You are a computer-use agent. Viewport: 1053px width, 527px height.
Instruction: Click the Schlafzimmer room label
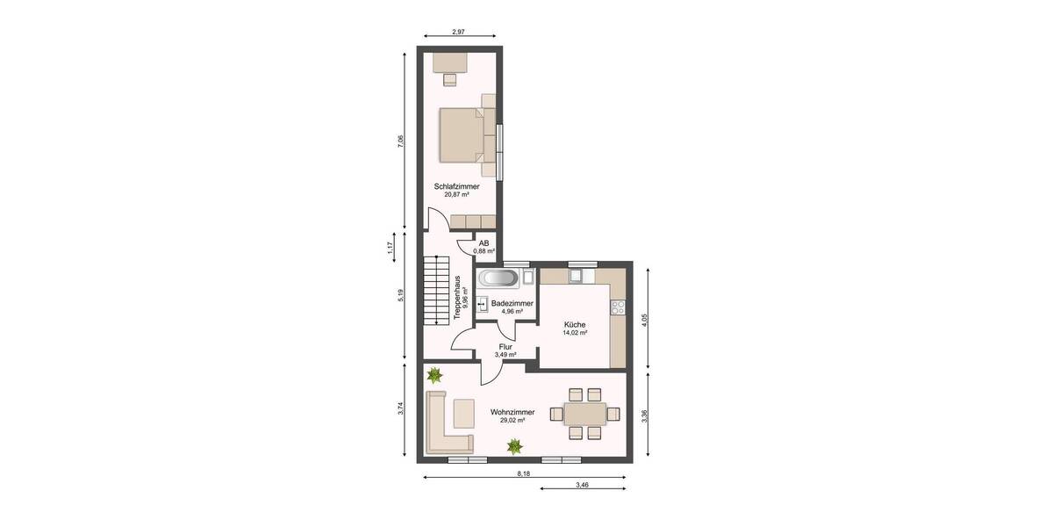(456, 186)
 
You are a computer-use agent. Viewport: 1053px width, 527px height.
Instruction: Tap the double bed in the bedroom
(462, 134)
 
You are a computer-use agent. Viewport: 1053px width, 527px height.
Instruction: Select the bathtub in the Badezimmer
(498, 279)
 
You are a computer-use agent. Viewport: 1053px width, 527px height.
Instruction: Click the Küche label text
(575, 324)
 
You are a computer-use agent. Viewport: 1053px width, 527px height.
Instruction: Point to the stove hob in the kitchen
(617, 307)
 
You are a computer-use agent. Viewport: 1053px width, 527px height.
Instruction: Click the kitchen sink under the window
(577, 277)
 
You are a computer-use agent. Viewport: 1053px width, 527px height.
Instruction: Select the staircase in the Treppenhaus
(435, 289)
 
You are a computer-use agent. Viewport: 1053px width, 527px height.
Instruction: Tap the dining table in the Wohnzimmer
(584, 413)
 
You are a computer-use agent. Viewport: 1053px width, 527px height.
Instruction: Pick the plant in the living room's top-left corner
(433, 376)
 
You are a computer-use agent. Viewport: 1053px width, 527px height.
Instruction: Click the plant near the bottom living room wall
(514, 447)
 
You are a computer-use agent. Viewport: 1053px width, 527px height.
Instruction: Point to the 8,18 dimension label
(523, 473)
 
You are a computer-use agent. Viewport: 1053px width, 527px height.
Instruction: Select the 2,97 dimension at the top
(457, 32)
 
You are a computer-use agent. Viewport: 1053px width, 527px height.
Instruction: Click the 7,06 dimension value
(400, 140)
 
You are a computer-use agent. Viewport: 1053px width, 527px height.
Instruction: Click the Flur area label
(505, 347)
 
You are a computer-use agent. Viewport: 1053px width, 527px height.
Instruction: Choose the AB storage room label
(484, 243)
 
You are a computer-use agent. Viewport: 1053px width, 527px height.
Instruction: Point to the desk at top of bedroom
(450, 61)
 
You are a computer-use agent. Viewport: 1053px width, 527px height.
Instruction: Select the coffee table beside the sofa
(463, 410)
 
